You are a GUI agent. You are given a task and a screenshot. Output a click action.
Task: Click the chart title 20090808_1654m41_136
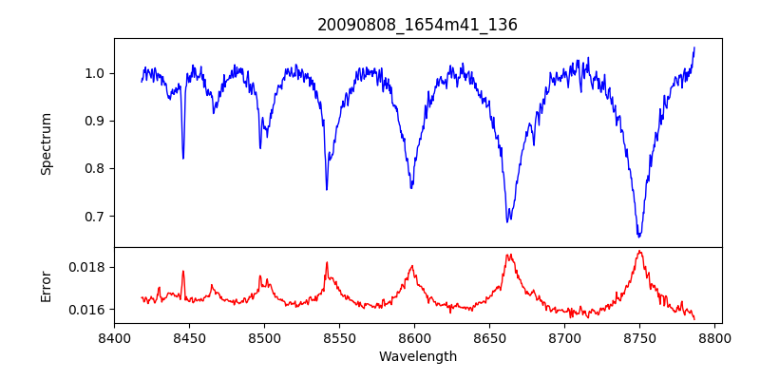417,25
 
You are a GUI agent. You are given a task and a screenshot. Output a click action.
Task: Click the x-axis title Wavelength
417,357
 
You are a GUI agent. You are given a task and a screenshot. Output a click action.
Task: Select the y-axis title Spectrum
46,143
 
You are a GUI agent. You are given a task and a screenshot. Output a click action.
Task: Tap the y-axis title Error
46,285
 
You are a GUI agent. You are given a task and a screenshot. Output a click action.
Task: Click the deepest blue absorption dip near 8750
639,237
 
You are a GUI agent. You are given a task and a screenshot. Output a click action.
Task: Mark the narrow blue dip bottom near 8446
183,158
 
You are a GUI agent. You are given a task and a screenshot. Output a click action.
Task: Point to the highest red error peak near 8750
639,251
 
